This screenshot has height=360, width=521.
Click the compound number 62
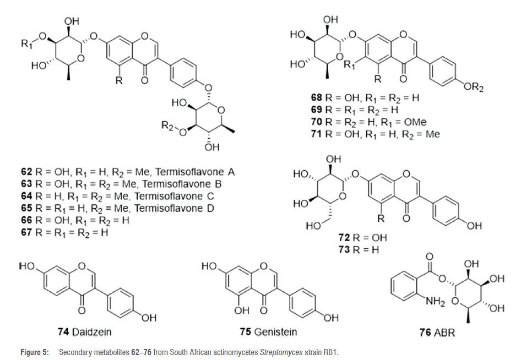coord(26,172)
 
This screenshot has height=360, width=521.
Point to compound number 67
coord(26,233)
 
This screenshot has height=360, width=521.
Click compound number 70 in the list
coord(317,122)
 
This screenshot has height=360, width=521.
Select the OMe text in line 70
coord(415,122)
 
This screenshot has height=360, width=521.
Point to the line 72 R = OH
coord(362,237)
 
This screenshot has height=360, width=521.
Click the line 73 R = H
coord(360,249)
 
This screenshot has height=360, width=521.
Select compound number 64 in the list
coord(26,197)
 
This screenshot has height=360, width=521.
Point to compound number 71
coord(317,134)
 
